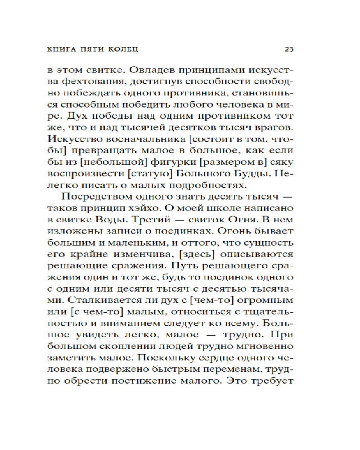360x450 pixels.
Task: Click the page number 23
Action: (289, 49)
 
